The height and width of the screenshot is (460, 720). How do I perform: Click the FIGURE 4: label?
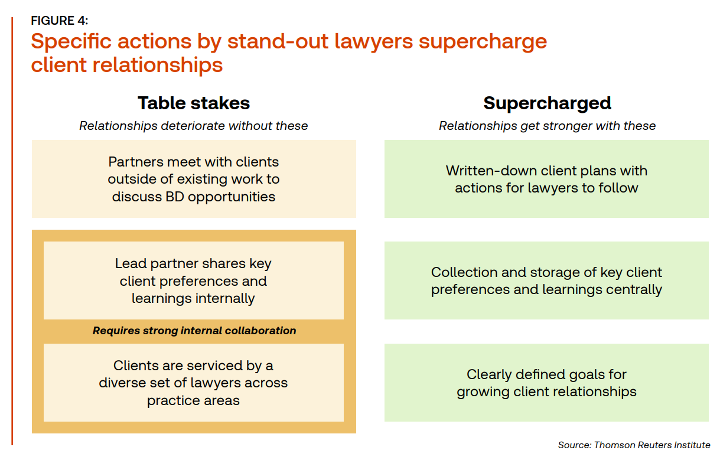pyautogui.click(x=60, y=21)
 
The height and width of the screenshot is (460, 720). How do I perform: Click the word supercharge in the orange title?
pyautogui.click(x=483, y=43)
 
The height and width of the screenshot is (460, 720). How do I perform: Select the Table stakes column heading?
pyautogui.click(x=194, y=103)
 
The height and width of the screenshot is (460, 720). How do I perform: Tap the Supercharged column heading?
pyautogui.click(x=547, y=103)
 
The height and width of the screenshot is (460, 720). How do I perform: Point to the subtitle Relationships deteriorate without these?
pyautogui.click(x=194, y=126)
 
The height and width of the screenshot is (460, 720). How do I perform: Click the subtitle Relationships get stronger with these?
pyautogui.click(x=547, y=126)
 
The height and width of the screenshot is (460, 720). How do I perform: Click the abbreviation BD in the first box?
pyautogui.click(x=174, y=197)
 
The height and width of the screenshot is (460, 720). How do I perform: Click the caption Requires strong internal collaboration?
pyautogui.click(x=194, y=331)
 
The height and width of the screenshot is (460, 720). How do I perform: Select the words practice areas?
pyautogui.click(x=193, y=401)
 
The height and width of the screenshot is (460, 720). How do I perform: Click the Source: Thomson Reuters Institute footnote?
pyautogui.click(x=634, y=445)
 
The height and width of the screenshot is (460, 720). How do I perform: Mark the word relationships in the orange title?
pyautogui.click(x=158, y=66)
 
